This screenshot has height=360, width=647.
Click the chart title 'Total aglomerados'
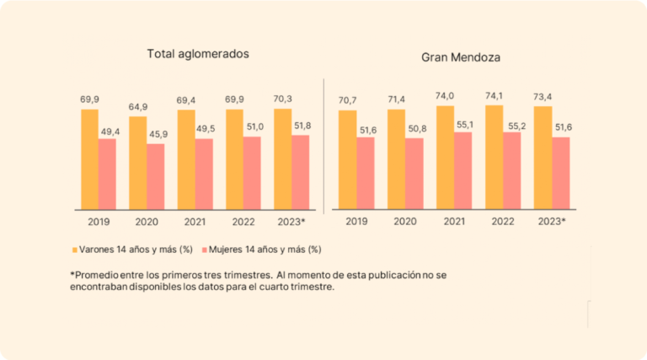coord(198,54)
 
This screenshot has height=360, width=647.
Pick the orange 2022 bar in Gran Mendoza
coord(494,157)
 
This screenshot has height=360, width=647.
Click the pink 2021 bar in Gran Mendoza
coord(463,170)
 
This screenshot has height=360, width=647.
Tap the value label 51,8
coord(302,126)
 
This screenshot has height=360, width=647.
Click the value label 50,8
coord(415,128)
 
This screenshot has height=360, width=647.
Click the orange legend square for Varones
coord(74,250)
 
